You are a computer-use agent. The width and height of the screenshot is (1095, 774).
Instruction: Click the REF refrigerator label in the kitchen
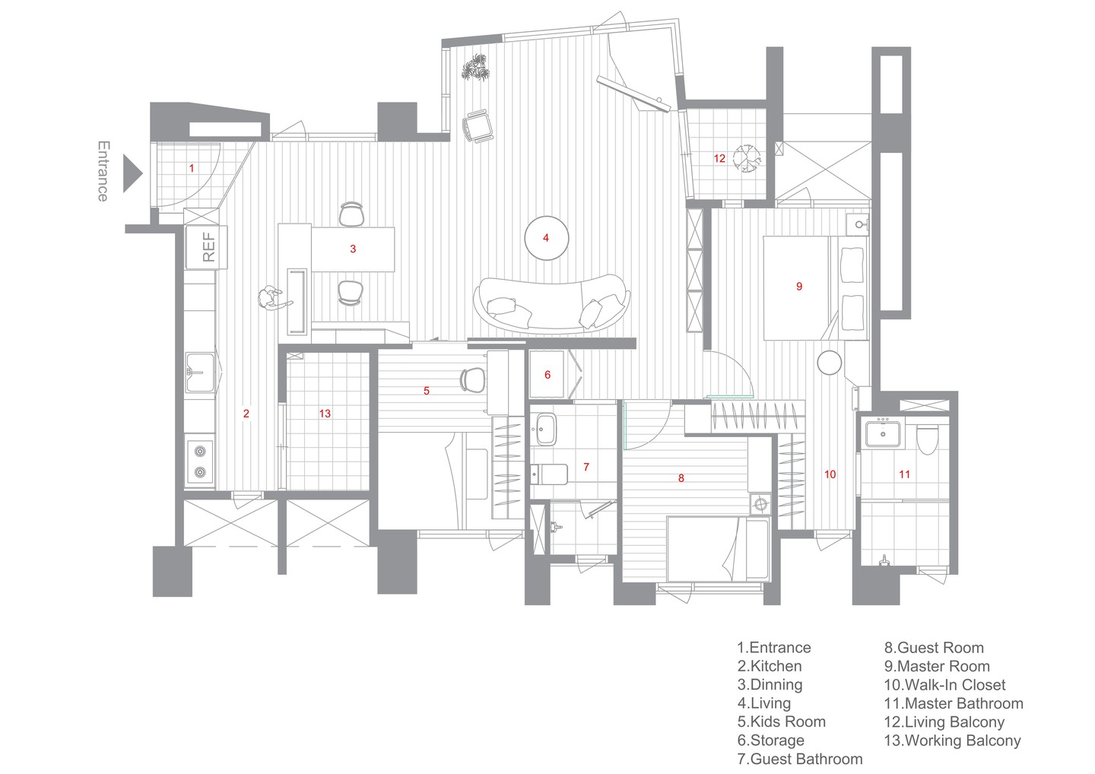208,247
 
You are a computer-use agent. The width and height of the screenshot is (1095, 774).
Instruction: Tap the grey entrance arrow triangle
132,173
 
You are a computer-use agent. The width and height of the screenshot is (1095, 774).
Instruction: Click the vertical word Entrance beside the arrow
103,172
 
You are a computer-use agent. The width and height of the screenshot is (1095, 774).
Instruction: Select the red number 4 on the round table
546,238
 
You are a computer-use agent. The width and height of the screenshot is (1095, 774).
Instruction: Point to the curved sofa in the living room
552,304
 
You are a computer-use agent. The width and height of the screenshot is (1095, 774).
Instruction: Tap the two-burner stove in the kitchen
199,462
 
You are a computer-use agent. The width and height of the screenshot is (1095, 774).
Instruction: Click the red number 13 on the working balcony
325,414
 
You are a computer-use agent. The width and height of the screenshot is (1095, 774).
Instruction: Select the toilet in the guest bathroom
549,474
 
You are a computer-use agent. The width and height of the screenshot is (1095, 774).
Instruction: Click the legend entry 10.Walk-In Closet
944,685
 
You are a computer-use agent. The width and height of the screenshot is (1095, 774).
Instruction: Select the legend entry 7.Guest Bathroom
800,760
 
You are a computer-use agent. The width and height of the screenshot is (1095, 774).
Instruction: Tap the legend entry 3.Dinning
770,685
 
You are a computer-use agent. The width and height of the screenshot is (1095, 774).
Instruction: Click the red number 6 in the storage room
547,375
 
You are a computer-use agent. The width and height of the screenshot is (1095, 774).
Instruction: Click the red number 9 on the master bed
799,287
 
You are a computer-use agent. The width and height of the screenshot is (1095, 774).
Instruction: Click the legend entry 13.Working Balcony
952,741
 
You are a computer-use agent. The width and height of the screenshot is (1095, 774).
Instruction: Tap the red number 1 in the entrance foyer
192,168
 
